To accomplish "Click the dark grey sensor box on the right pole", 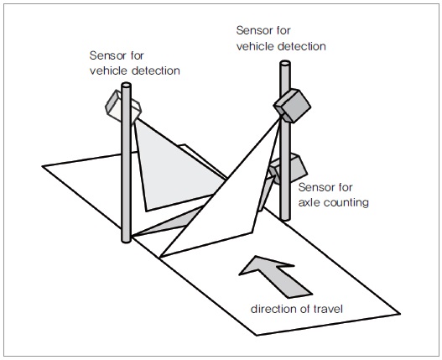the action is (293, 106).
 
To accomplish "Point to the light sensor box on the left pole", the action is (123, 106).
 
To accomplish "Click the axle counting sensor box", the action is (289, 169).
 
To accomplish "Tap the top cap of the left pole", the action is (126, 85).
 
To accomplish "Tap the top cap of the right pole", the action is (285, 63).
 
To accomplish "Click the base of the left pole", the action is (126, 240).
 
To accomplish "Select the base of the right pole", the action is (285, 218).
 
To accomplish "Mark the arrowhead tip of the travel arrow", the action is (257, 256).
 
